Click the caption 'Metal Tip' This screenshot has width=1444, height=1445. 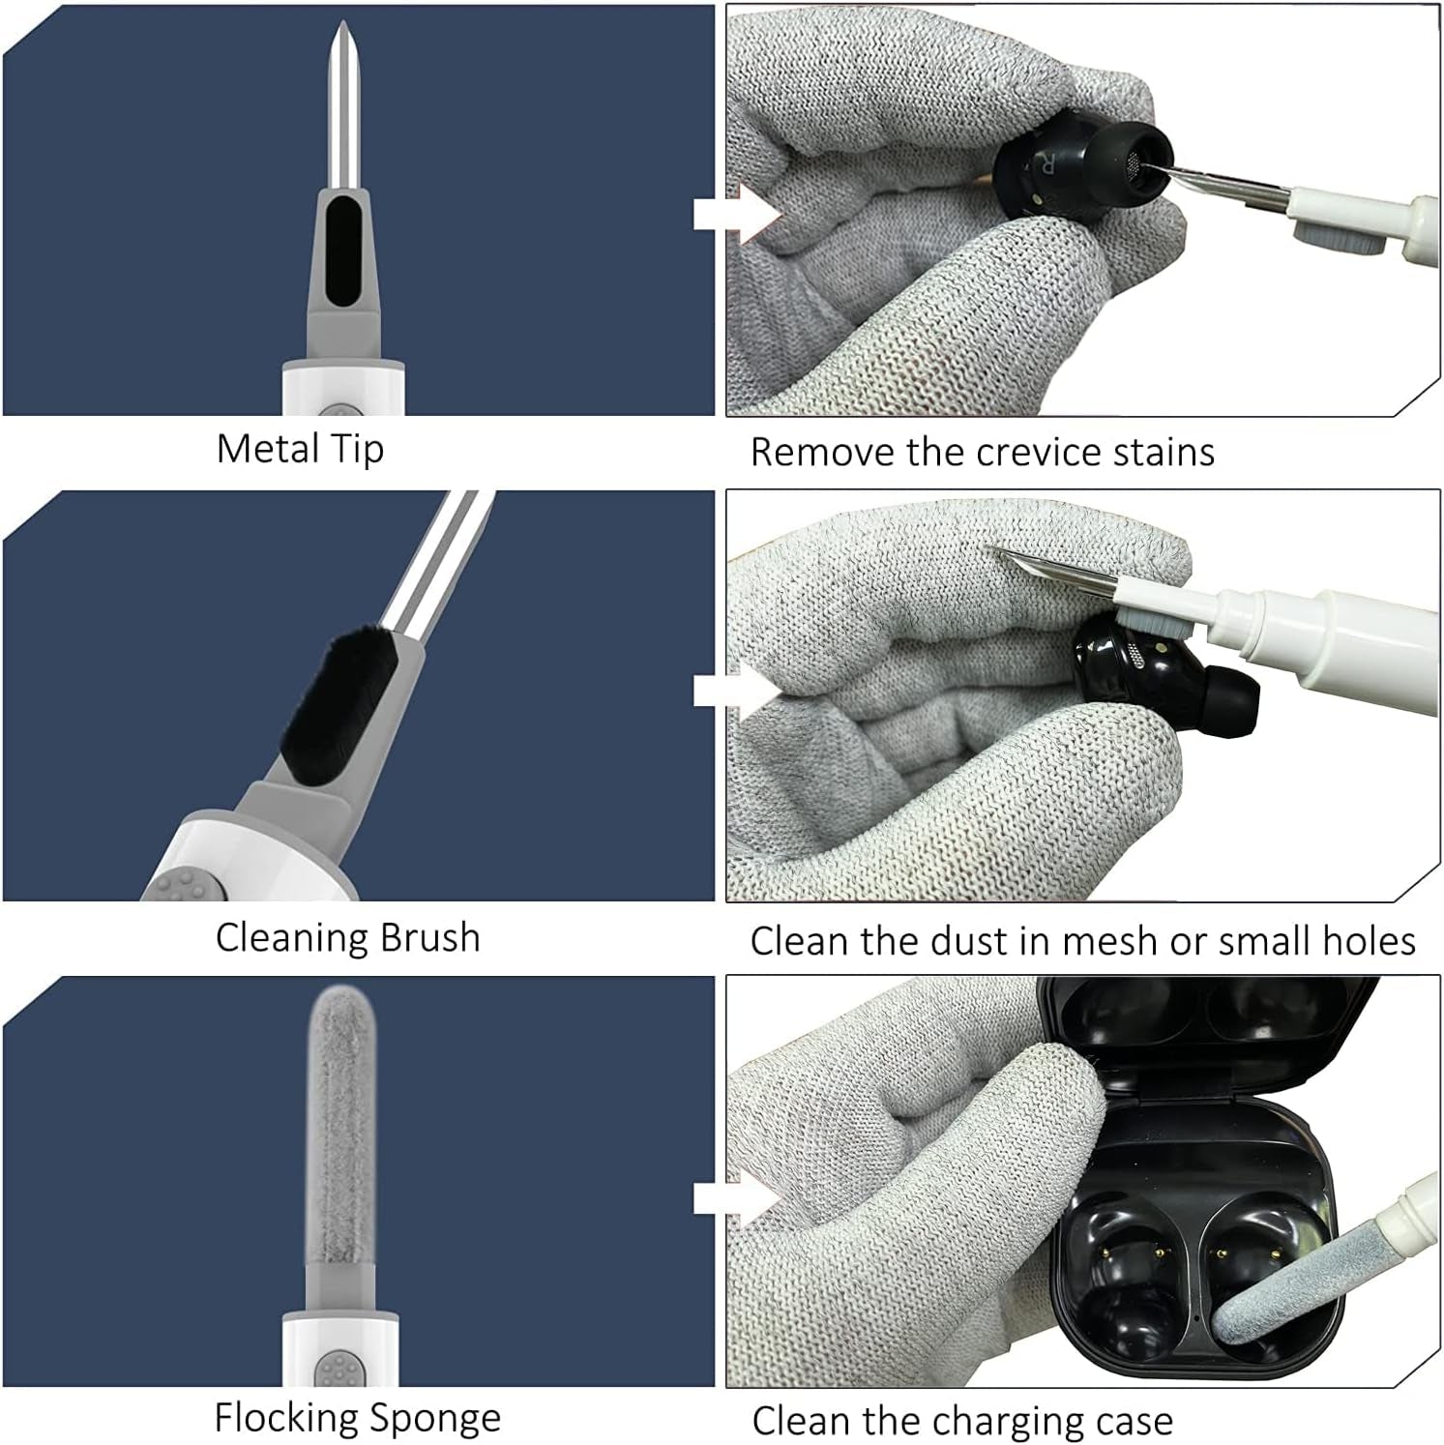point(300,450)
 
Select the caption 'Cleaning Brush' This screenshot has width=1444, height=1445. point(347,937)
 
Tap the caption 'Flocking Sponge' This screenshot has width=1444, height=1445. point(358,1418)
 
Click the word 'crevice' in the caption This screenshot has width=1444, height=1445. point(1039,452)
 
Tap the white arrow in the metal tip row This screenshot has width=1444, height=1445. point(737,213)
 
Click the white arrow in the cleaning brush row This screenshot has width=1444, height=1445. point(737,690)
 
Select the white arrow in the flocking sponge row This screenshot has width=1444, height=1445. point(737,1199)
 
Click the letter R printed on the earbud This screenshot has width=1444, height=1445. point(1046,163)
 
